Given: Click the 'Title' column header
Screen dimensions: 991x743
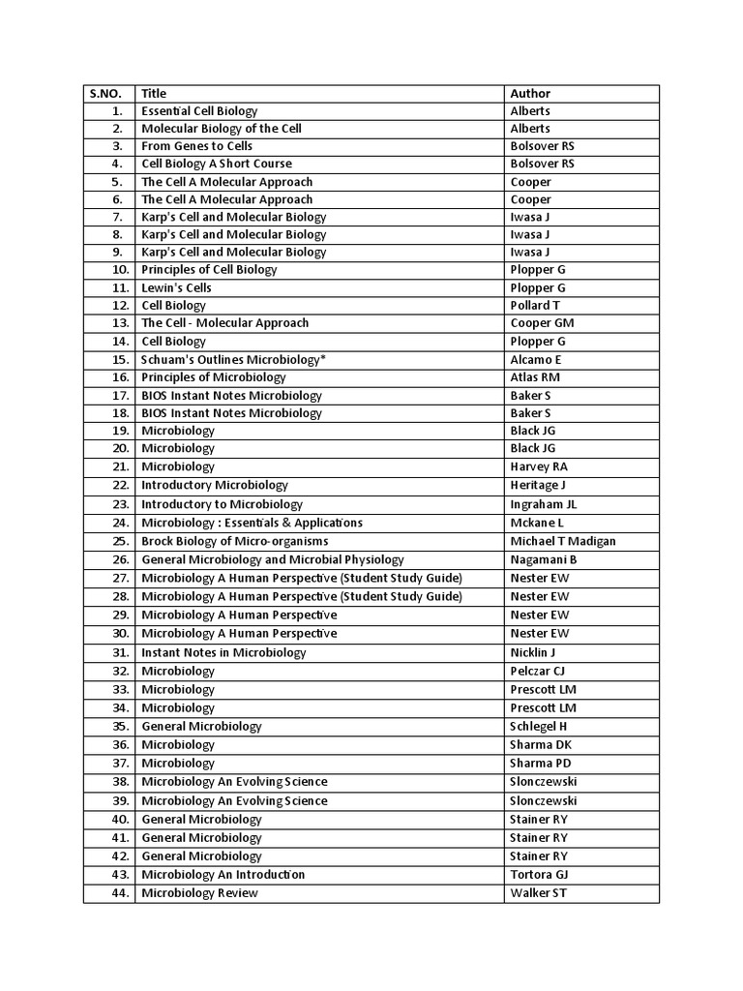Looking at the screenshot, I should point(154,94).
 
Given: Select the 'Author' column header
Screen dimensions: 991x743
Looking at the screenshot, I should point(530,94).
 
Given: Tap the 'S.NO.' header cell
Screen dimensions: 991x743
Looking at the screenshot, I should point(105,94).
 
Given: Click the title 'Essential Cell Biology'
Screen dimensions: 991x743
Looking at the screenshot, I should point(199,111).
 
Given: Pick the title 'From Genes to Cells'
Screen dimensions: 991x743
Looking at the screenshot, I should point(196,146).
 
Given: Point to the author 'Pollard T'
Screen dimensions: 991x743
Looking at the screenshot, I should point(536,306).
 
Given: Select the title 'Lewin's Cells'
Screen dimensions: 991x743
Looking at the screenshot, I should point(176,288).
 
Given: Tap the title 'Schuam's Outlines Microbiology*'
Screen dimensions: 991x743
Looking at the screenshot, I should point(233,359).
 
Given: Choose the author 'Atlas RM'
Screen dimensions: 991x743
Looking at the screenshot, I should point(535,377).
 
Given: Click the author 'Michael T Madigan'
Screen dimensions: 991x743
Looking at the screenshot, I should point(562,541).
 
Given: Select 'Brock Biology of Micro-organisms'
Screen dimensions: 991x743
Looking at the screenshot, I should point(234,541).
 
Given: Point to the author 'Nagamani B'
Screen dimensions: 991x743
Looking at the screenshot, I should point(544,559).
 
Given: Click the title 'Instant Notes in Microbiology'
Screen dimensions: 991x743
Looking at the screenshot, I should point(223,652).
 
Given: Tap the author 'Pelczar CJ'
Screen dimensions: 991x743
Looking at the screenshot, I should point(538,671).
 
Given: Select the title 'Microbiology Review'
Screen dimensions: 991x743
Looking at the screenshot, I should point(199,893).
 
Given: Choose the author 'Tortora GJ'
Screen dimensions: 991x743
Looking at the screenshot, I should point(539,875).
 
